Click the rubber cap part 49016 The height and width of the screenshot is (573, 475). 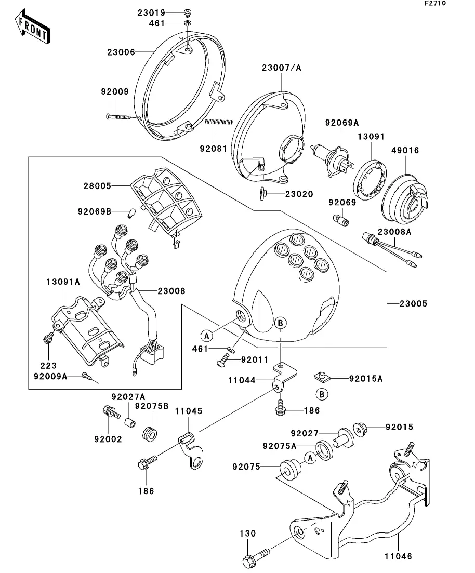click(x=404, y=195)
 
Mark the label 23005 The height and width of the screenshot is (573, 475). click(x=414, y=303)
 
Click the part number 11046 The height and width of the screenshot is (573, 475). click(x=399, y=556)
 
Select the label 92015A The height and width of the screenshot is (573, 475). click(x=366, y=379)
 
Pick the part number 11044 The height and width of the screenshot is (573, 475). click(x=241, y=380)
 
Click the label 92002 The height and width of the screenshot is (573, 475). click(x=108, y=439)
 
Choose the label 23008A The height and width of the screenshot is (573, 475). click(x=394, y=232)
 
